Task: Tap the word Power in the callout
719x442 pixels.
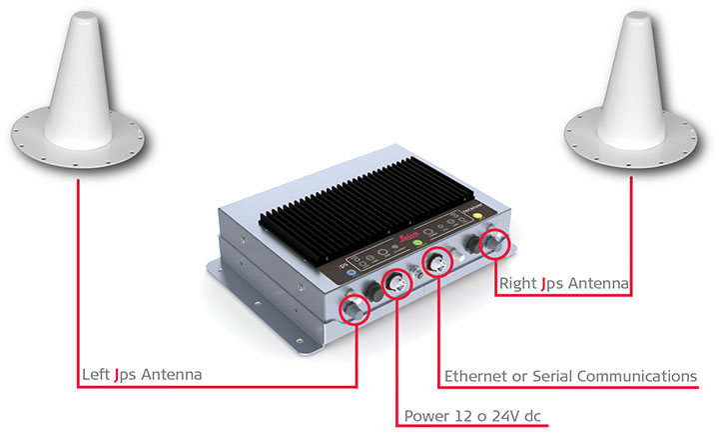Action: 425,416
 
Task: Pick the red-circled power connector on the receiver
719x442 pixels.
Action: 397,285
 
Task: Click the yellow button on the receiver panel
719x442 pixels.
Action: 480,215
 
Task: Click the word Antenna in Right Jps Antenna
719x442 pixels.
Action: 596,284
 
